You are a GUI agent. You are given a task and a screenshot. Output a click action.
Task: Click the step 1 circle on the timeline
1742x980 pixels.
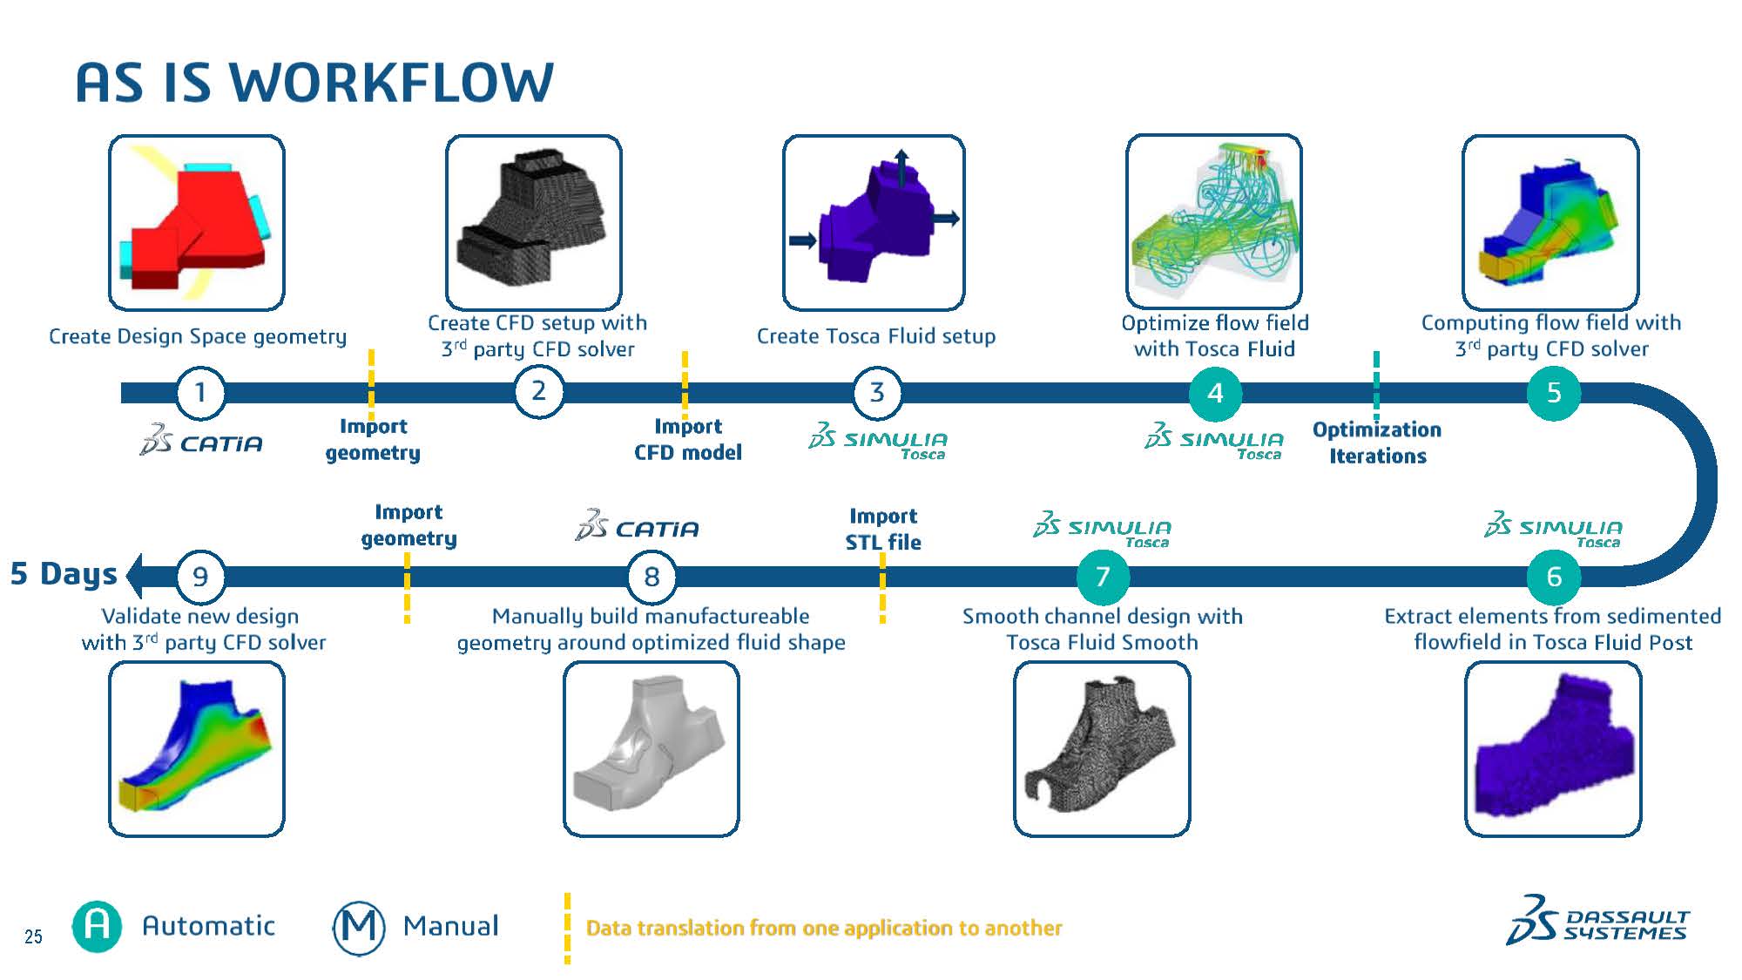[200, 393]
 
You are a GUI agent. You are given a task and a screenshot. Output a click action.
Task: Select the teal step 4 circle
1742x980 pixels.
[1215, 393]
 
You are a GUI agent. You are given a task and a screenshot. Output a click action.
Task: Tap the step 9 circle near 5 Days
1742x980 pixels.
[200, 577]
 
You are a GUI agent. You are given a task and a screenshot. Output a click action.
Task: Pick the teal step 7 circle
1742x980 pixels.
[1103, 577]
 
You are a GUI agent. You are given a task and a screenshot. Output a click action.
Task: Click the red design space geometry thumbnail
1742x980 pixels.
[197, 223]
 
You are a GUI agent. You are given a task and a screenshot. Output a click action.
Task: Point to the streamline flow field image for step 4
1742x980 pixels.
[1214, 221]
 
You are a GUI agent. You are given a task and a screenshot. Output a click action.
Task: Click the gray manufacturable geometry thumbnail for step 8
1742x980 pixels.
[651, 748]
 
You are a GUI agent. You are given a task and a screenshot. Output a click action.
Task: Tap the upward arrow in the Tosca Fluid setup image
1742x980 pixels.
[901, 166]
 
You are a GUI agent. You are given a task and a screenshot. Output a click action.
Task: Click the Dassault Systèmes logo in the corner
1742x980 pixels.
[1597, 922]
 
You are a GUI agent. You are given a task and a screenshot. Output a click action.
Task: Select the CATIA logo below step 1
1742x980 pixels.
[202, 442]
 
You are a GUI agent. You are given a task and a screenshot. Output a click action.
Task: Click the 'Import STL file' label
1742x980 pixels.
[883, 529]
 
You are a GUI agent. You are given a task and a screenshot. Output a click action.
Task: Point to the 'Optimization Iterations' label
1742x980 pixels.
[1377, 443]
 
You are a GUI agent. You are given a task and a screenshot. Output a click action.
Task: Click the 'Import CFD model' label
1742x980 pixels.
[688, 439]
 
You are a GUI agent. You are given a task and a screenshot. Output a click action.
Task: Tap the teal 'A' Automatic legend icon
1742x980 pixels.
[97, 926]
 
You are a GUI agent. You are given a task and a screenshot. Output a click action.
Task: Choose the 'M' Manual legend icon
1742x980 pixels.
[359, 927]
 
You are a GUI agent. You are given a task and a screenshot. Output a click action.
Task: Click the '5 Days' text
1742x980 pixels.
[64, 574]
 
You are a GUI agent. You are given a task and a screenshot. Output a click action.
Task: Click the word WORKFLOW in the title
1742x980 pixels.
[391, 84]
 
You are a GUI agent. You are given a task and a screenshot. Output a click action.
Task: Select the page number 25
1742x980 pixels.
[33, 936]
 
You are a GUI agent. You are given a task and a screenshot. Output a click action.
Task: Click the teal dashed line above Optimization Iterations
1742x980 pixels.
[1376, 383]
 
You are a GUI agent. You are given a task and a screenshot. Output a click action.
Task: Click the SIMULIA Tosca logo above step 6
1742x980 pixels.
[1554, 529]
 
